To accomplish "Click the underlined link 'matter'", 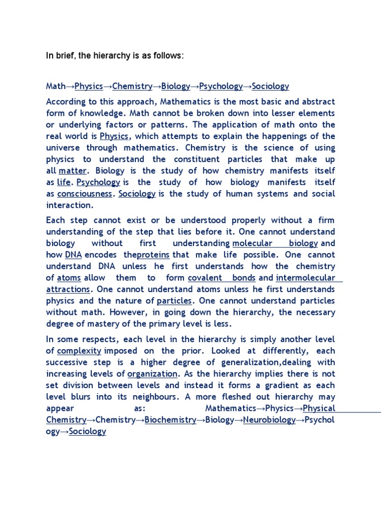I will point(73,171).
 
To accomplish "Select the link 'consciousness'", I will point(84,194).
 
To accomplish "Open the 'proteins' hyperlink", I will point(153,254).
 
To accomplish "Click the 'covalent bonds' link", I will point(222,278).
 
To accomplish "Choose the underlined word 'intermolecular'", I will point(306,278).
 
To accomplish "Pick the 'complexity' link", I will point(79,351).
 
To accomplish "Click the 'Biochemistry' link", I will point(170,420).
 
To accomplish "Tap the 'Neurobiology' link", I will point(269,420).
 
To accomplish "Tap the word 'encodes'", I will point(103,254).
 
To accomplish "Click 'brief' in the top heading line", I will point(65,56).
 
